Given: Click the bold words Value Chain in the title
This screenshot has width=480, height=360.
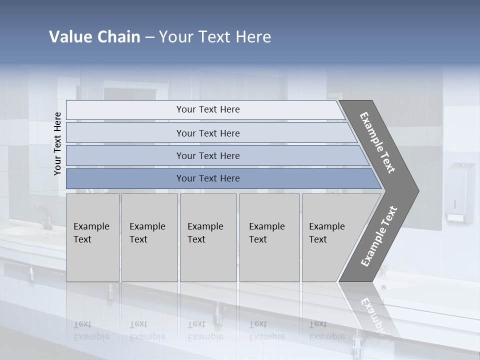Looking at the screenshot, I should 94,37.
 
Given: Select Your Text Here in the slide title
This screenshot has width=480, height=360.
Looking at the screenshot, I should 215,37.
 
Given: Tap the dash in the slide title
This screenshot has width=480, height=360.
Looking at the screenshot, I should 149,37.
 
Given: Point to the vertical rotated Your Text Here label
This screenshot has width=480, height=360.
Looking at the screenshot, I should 57,143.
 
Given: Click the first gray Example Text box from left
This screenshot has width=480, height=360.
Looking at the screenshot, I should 92,237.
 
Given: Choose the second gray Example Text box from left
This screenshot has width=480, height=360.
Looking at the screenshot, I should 149,237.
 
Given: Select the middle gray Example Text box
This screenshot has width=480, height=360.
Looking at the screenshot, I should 208,237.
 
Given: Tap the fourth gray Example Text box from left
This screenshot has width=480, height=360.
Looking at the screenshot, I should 269,237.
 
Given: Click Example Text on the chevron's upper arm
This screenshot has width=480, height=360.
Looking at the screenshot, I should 377,142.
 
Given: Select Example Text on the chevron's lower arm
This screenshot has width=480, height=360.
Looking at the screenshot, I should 379,236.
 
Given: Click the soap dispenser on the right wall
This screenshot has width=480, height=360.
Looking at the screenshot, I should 459,192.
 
